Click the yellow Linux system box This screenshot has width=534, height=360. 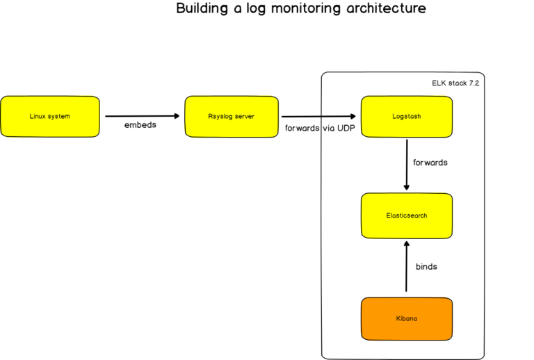[50, 116]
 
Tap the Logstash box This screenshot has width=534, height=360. [407, 116]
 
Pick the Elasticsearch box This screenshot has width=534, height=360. [407, 215]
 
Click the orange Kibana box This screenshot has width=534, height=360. [407, 319]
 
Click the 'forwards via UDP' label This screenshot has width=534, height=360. [321, 129]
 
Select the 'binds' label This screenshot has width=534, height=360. [426, 266]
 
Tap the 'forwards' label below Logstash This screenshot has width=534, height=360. [430, 162]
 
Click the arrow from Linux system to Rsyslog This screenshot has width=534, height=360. [142, 116]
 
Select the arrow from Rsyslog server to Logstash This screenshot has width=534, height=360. [320, 116]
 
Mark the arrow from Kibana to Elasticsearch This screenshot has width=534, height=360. [407, 265]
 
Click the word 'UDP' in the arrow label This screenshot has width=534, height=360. [346, 129]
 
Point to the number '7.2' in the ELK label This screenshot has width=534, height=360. [474, 83]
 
